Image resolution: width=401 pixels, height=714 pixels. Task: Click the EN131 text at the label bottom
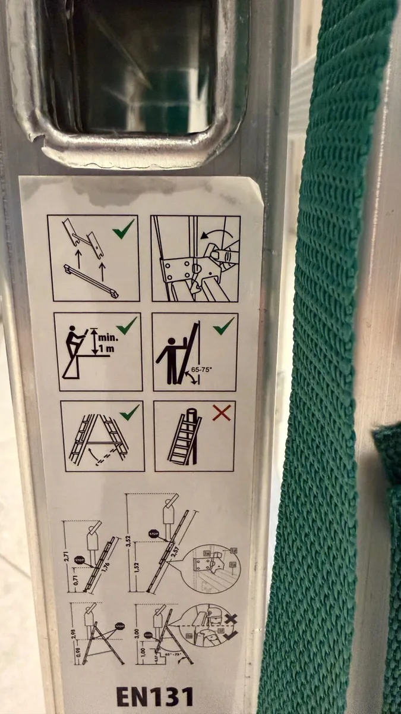(x=154, y=696)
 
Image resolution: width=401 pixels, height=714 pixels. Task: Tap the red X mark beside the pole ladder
(x=222, y=412)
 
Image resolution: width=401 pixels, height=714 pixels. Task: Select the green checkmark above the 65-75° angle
(x=223, y=326)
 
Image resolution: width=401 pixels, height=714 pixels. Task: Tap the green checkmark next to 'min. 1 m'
(x=126, y=325)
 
